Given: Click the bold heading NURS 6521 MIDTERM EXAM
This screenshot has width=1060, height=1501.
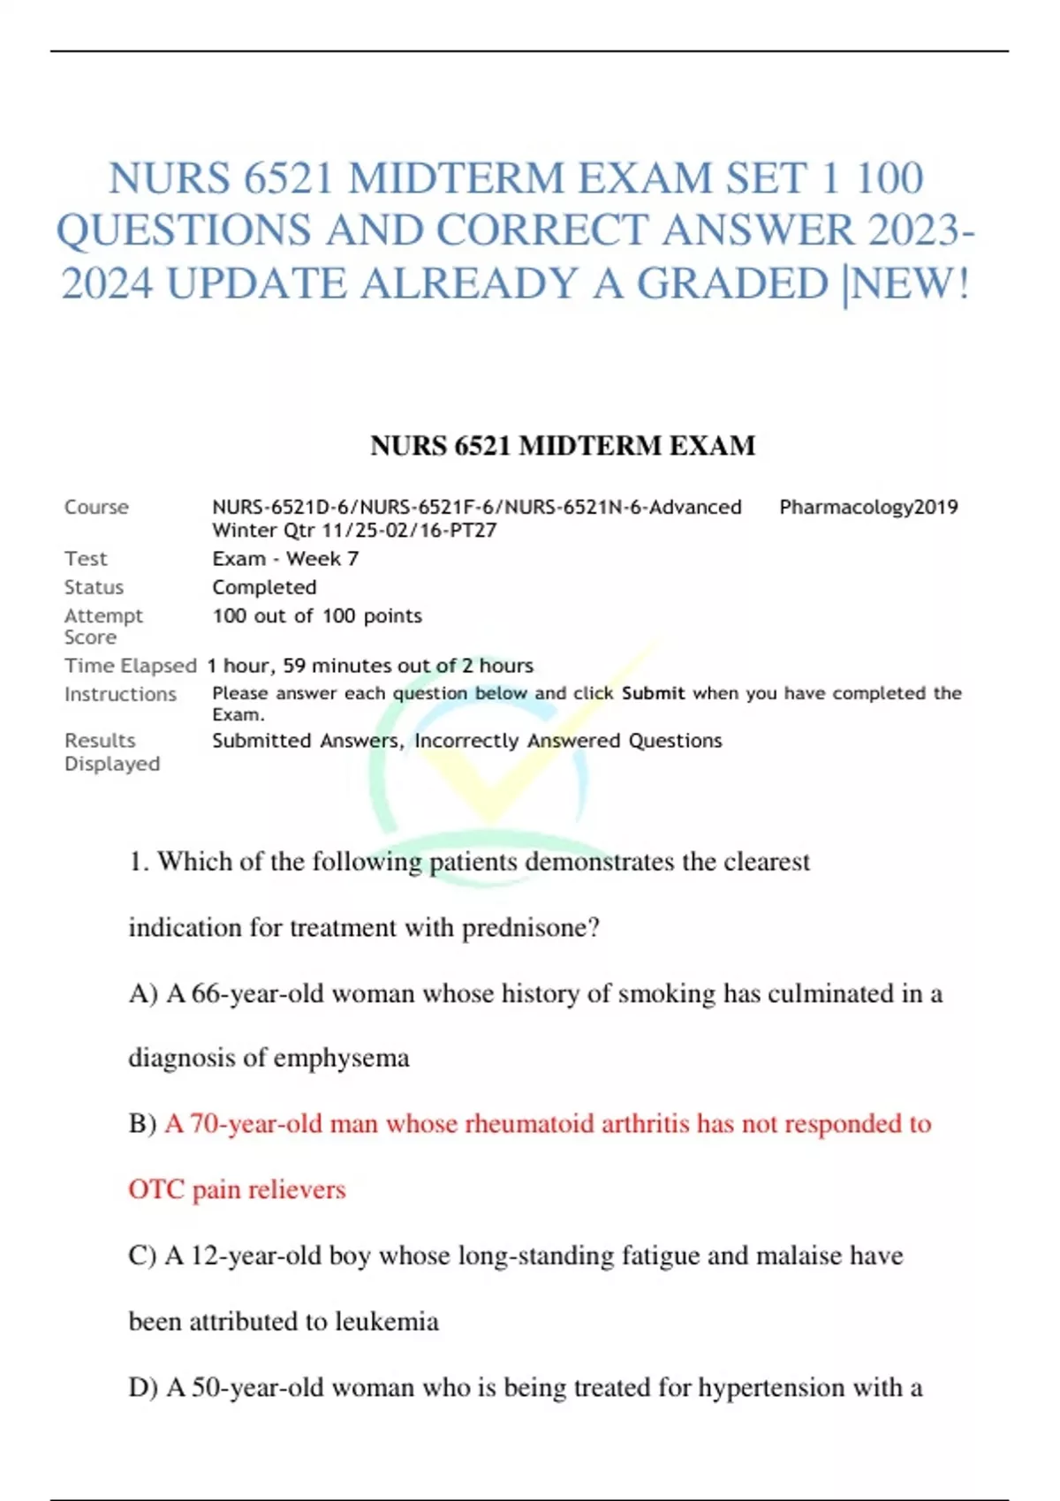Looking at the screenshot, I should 563,446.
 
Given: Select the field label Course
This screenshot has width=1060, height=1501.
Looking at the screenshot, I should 96,507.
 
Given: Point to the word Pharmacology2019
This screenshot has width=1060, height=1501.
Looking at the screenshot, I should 868,507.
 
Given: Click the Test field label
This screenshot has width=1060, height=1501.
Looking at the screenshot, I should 86,559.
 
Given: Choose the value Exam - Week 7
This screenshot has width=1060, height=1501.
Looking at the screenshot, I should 285,559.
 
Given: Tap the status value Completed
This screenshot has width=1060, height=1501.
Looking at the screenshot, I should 264,587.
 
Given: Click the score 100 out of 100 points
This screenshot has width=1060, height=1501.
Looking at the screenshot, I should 317,616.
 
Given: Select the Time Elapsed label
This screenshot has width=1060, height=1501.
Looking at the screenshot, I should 130,666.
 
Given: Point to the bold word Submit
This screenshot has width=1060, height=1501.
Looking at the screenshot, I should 653,693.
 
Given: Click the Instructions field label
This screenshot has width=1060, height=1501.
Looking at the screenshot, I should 120,694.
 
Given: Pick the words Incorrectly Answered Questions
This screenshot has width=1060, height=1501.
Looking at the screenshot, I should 568,741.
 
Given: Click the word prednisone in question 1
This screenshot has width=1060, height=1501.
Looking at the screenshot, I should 531,928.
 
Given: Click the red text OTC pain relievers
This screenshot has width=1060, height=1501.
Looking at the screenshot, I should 237,1189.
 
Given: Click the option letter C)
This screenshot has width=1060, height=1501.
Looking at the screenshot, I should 142,1256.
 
